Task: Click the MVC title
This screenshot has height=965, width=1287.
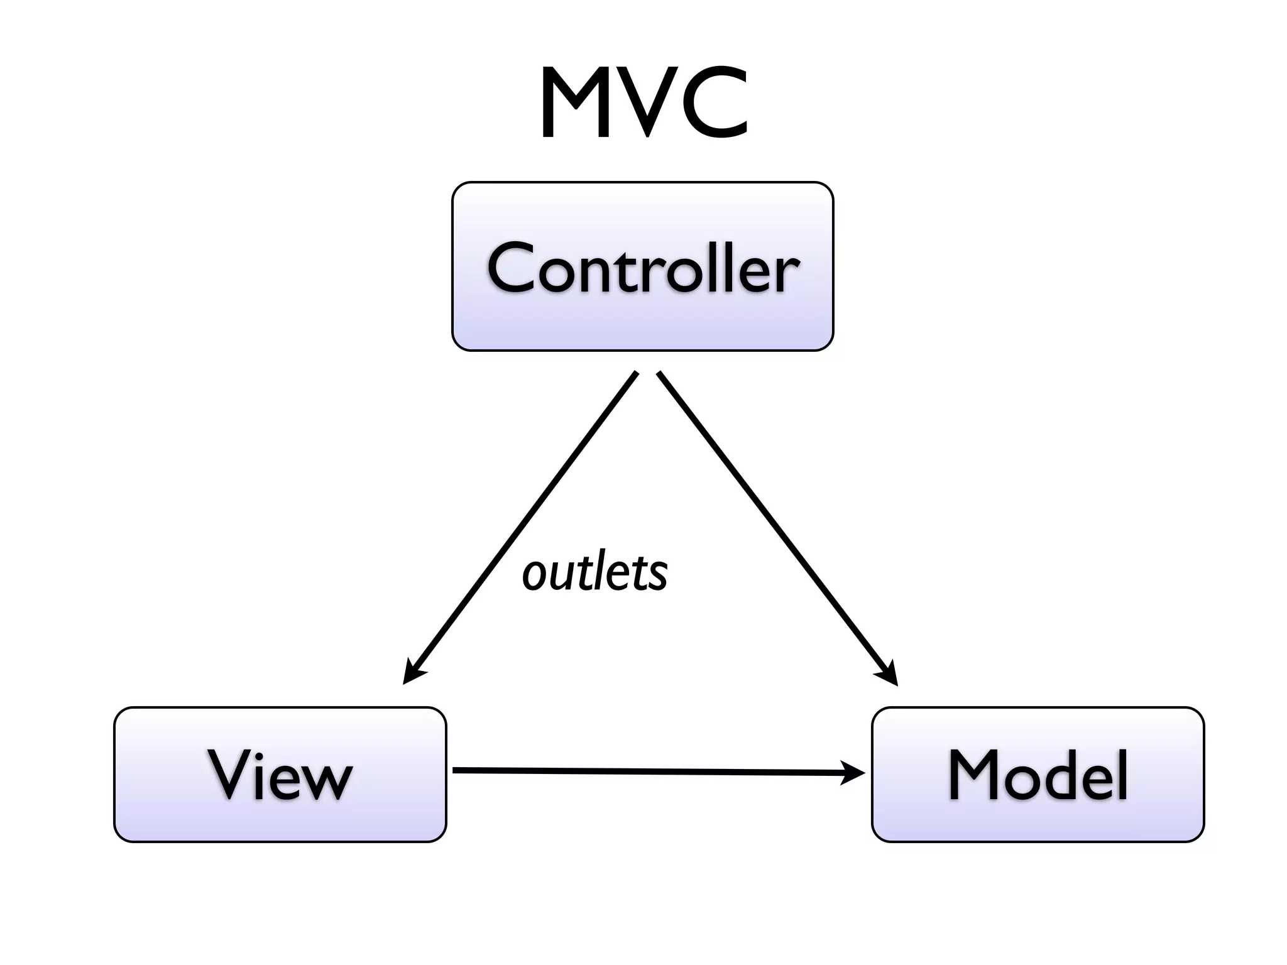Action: pos(643,104)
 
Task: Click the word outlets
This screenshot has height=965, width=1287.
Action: pos(594,573)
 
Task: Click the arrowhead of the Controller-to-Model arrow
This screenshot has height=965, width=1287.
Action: pos(889,676)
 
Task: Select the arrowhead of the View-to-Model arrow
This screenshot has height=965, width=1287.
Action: pos(853,772)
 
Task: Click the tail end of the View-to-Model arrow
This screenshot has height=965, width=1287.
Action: pos(456,770)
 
